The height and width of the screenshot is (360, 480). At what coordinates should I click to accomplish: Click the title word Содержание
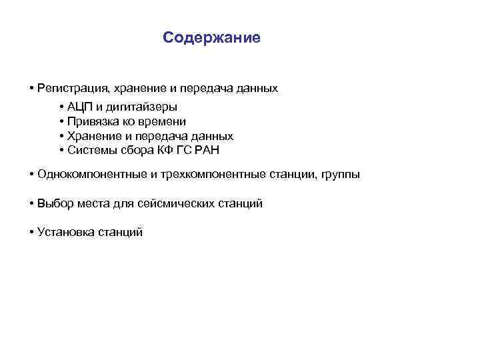(211, 37)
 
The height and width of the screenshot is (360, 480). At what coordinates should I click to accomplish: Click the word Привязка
(94, 121)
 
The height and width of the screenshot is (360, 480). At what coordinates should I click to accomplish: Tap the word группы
(340, 175)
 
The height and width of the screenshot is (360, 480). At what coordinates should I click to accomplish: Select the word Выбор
(54, 203)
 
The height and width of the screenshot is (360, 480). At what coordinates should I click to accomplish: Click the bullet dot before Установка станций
(32, 232)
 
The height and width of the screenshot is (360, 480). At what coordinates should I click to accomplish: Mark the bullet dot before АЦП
(61, 107)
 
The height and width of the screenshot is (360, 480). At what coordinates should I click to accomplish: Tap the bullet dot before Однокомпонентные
(32, 175)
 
